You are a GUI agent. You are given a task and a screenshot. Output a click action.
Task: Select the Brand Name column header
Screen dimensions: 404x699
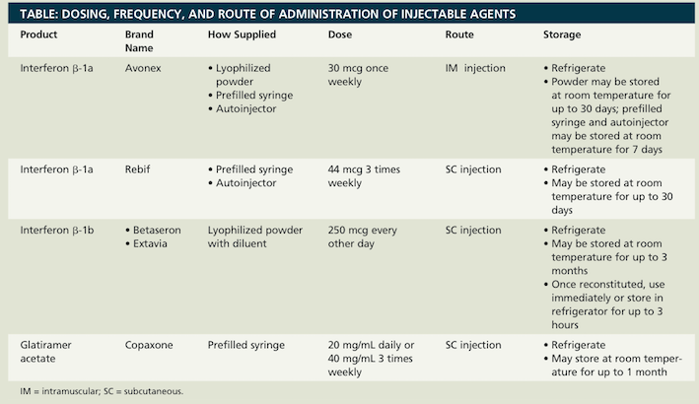pyautogui.click(x=140, y=41)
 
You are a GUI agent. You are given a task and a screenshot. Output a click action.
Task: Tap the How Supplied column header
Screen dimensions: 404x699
pyautogui.click(x=243, y=34)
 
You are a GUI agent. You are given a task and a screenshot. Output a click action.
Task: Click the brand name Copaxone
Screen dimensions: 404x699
pyautogui.click(x=150, y=345)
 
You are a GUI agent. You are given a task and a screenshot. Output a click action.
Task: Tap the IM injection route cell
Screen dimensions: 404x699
pyautogui.click(x=475, y=68)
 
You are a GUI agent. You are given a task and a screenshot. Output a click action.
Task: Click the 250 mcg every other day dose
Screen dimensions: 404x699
pyautogui.click(x=366, y=237)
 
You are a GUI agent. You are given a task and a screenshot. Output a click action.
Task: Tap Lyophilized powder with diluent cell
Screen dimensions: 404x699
pyautogui.click(x=253, y=237)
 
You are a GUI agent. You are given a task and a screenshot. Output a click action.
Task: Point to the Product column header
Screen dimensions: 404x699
pyautogui.click(x=39, y=34)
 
